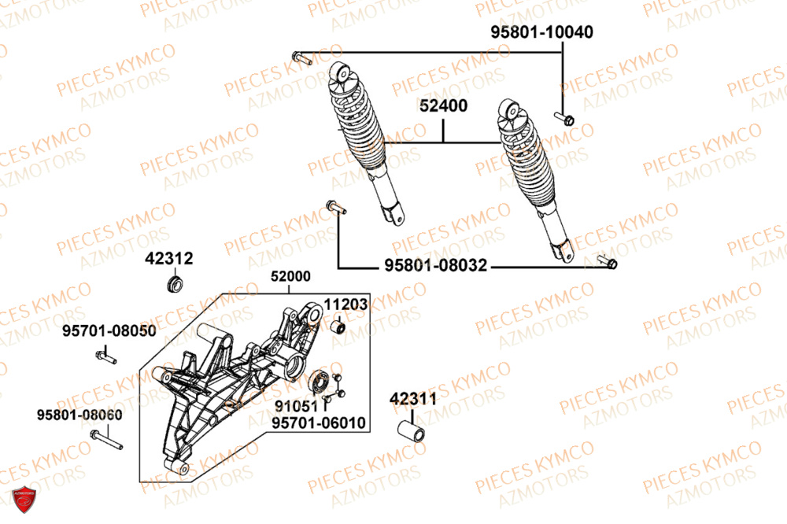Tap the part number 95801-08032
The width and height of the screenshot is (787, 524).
(435, 268)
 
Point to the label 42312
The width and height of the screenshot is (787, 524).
(168, 257)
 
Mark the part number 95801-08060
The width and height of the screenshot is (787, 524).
(79, 415)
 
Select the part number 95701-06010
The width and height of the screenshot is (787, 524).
(319, 423)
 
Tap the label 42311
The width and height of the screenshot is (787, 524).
(412, 399)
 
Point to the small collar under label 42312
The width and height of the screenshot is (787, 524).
(176, 281)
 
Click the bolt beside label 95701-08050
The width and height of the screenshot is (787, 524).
(106, 359)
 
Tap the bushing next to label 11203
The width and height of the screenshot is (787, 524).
(339, 327)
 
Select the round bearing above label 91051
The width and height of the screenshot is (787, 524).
(320, 383)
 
